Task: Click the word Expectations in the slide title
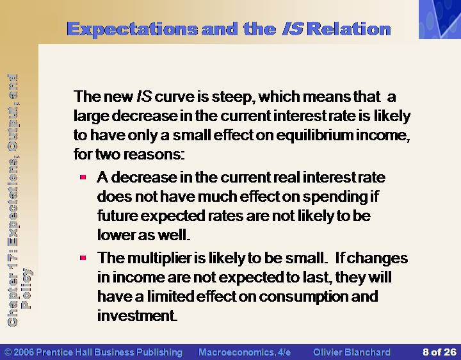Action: click(x=133, y=29)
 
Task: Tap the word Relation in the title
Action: click(x=350, y=29)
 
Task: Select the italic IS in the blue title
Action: click(x=293, y=29)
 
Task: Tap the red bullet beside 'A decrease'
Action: click(x=83, y=177)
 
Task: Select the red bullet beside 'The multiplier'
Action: click(x=83, y=258)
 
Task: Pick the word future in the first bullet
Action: click(x=118, y=216)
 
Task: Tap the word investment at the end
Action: click(x=136, y=316)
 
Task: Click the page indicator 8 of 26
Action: click(x=439, y=352)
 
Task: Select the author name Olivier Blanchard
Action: click(x=352, y=352)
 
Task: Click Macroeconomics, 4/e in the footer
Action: click(x=245, y=352)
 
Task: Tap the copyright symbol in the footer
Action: click(x=8, y=352)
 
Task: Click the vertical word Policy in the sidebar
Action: click(x=26, y=288)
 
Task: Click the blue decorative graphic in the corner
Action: click(x=440, y=19)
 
